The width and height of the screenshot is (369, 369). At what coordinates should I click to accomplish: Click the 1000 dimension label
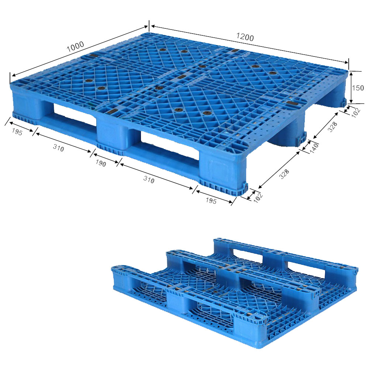[75, 47]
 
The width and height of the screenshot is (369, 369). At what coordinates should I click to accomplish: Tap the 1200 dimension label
[245, 37]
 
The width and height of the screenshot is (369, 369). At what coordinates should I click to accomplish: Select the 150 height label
[358, 88]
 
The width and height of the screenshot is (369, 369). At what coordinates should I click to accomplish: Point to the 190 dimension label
[101, 163]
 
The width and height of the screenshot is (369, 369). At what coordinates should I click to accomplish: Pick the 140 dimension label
[314, 148]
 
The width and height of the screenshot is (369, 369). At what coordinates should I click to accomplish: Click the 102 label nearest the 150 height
[356, 113]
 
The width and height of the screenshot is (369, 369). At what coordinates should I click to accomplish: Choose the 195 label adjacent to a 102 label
[211, 200]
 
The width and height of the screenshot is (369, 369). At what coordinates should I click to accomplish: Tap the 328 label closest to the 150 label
[332, 127]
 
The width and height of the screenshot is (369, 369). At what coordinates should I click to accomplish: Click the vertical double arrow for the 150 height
[351, 87]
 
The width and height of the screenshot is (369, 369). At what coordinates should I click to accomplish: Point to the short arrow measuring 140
[306, 145]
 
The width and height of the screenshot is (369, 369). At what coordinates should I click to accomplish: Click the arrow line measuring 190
[106, 158]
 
